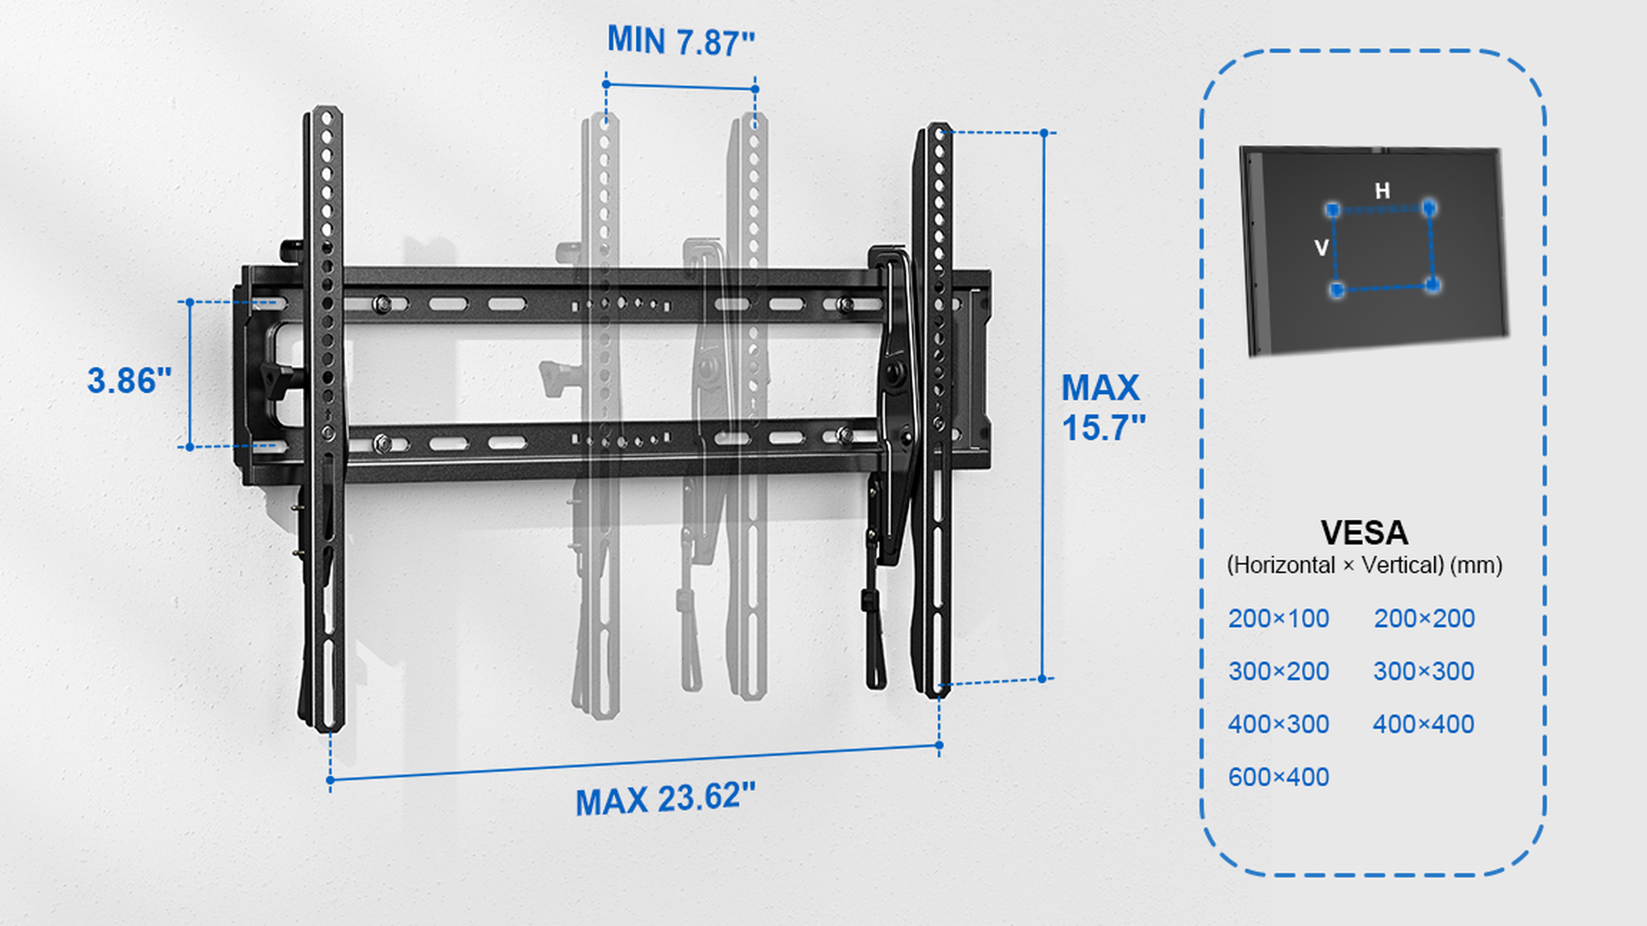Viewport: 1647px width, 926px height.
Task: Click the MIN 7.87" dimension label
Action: (x=681, y=41)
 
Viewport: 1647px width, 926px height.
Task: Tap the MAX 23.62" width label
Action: (x=666, y=799)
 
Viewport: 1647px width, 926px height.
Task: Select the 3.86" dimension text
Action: (x=130, y=381)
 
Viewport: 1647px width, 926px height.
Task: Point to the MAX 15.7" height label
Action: (x=1103, y=408)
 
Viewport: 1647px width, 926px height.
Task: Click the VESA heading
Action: (x=1364, y=532)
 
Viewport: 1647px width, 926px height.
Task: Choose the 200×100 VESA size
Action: (x=1278, y=618)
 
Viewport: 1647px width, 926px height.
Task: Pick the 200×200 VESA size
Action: (x=1424, y=618)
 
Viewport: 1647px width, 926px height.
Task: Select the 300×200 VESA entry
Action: (x=1278, y=671)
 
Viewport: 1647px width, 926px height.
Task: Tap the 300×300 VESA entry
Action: (x=1424, y=671)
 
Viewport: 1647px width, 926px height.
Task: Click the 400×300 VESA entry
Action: (x=1278, y=725)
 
